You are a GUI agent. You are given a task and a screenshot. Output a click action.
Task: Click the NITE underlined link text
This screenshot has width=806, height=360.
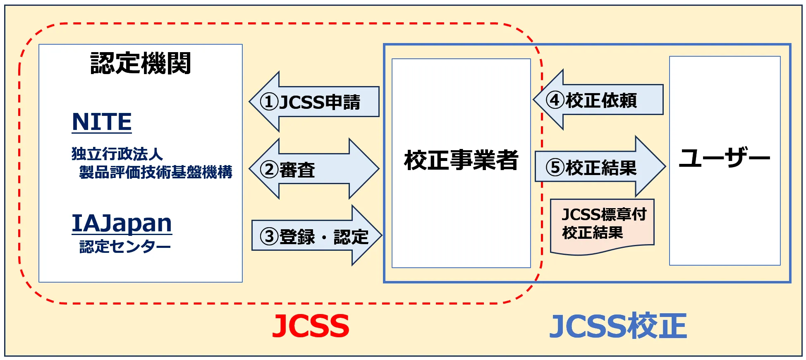pyautogui.click(x=102, y=122)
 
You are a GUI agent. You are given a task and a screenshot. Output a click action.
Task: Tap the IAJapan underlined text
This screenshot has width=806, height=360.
pyautogui.click(x=122, y=223)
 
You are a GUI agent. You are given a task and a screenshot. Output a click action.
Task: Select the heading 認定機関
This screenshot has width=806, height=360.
pyautogui.click(x=141, y=63)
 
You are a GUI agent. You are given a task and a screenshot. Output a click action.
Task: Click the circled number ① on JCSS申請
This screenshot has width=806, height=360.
pyautogui.click(x=269, y=102)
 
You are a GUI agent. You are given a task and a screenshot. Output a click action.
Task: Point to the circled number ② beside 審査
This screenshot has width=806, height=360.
pyautogui.click(x=269, y=170)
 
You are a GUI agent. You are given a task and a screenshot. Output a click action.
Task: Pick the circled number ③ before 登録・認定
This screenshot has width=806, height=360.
pyautogui.click(x=269, y=237)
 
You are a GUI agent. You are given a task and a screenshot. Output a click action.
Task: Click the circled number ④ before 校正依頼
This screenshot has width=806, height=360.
pyautogui.click(x=555, y=100)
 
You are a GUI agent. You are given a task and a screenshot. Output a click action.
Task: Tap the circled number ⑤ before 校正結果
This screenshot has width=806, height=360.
pyautogui.click(x=555, y=168)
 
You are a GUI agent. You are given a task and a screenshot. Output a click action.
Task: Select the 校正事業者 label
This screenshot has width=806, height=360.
pyautogui.click(x=461, y=160)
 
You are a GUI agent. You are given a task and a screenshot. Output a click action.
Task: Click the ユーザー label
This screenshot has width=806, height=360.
pyautogui.click(x=725, y=158)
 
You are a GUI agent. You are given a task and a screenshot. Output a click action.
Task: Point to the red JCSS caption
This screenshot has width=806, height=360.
pyautogui.click(x=311, y=326)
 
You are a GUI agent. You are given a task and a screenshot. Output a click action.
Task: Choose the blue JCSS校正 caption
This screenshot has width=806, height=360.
pyautogui.click(x=618, y=326)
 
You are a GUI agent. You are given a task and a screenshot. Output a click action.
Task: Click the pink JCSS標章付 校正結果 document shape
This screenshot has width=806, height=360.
pyautogui.click(x=602, y=226)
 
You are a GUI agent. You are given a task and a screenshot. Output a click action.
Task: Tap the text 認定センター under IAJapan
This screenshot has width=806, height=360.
pyautogui.click(x=125, y=247)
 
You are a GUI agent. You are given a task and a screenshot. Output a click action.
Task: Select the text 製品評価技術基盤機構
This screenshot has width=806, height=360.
pyautogui.click(x=155, y=172)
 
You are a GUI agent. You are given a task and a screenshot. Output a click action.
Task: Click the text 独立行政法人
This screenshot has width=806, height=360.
pyautogui.click(x=117, y=154)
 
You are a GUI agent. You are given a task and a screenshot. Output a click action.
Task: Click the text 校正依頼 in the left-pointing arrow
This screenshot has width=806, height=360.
pyautogui.click(x=601, y=101)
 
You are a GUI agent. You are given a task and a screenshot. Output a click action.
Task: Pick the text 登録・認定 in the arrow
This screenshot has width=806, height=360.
pyautogui.click(x=324, y=237)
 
